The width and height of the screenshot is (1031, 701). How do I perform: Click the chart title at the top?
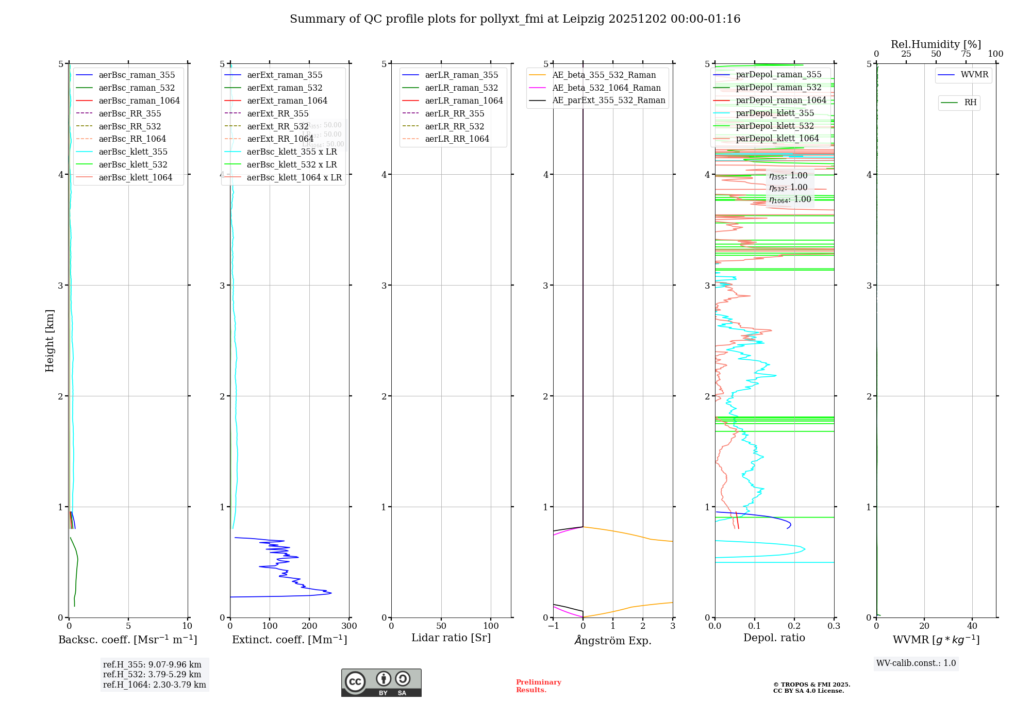point(515,19)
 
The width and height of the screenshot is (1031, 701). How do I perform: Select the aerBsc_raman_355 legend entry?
point(137,75)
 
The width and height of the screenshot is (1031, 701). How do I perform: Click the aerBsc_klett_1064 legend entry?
point(135,177)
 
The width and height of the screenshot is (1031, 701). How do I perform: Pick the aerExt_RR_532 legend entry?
point(277,126)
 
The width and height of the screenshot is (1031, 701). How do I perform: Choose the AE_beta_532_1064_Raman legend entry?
point(606,88)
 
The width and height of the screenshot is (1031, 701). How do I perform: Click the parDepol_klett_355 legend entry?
point(775,113)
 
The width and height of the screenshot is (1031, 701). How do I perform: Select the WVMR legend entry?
point(974,75)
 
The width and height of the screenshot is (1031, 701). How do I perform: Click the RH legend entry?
point(970,103)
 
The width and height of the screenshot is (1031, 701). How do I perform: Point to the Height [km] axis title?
point(49,340)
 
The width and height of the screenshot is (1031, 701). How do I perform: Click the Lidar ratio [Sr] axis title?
point(451,638)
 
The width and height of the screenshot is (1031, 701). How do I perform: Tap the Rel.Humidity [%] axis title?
point(936,44)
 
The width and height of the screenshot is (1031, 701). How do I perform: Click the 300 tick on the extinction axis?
point(349,626)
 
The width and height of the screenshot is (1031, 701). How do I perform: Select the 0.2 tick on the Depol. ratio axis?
point(794,626)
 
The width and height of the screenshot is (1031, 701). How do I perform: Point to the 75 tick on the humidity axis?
point(966,54)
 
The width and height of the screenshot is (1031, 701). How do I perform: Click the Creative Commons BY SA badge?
point(381,682)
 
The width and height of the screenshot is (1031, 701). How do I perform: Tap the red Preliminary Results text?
point(538,686)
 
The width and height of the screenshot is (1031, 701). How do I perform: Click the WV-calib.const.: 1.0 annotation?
point(916,663)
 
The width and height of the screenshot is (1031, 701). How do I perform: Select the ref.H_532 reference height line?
point(152,675)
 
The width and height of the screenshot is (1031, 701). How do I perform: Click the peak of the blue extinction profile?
point(330,593)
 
